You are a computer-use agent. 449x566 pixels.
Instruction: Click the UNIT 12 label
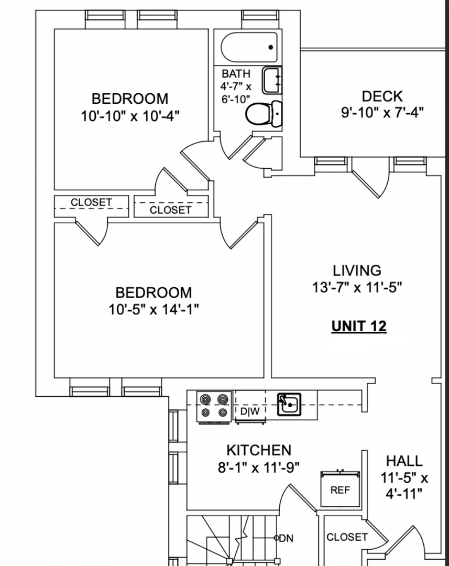click(x=359, y=326)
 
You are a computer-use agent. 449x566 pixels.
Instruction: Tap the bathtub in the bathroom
click(x=249, y=47)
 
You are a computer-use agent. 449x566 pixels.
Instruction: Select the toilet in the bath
click(x=264, y=114)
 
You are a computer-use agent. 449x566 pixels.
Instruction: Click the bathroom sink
click(x=271, y=80)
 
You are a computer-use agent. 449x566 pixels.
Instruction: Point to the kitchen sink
click(x=289, y=404)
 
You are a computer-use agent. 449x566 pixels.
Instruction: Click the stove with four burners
click(x=214, y=406)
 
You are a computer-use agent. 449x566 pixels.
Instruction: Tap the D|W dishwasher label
click(x=250, y=411)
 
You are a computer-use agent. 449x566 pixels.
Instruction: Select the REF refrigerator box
click(x=341, y=489)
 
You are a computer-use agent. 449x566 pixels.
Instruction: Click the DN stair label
click(x=286, y=538)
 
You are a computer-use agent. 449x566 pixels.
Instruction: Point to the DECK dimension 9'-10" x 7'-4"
click(x=382, y=113)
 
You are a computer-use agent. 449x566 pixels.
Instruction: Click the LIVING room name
click(x=357, y=270)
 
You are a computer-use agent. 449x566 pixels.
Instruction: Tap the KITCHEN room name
click(x=259, y=450)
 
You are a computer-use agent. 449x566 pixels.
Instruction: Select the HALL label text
click(x=404, y=461)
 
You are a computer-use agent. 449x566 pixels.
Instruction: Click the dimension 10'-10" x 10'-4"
click(x=130, y=116)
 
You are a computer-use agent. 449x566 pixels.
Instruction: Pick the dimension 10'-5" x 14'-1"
click(x=154, y=309)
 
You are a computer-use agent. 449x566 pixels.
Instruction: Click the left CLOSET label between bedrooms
click(x=91, y=202)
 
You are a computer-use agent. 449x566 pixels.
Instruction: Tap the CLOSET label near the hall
click(x=347, y=537)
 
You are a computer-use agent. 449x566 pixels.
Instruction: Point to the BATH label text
click(x=236, y=74)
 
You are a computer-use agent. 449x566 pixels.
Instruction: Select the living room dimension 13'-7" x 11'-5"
click(x=357, y=288)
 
